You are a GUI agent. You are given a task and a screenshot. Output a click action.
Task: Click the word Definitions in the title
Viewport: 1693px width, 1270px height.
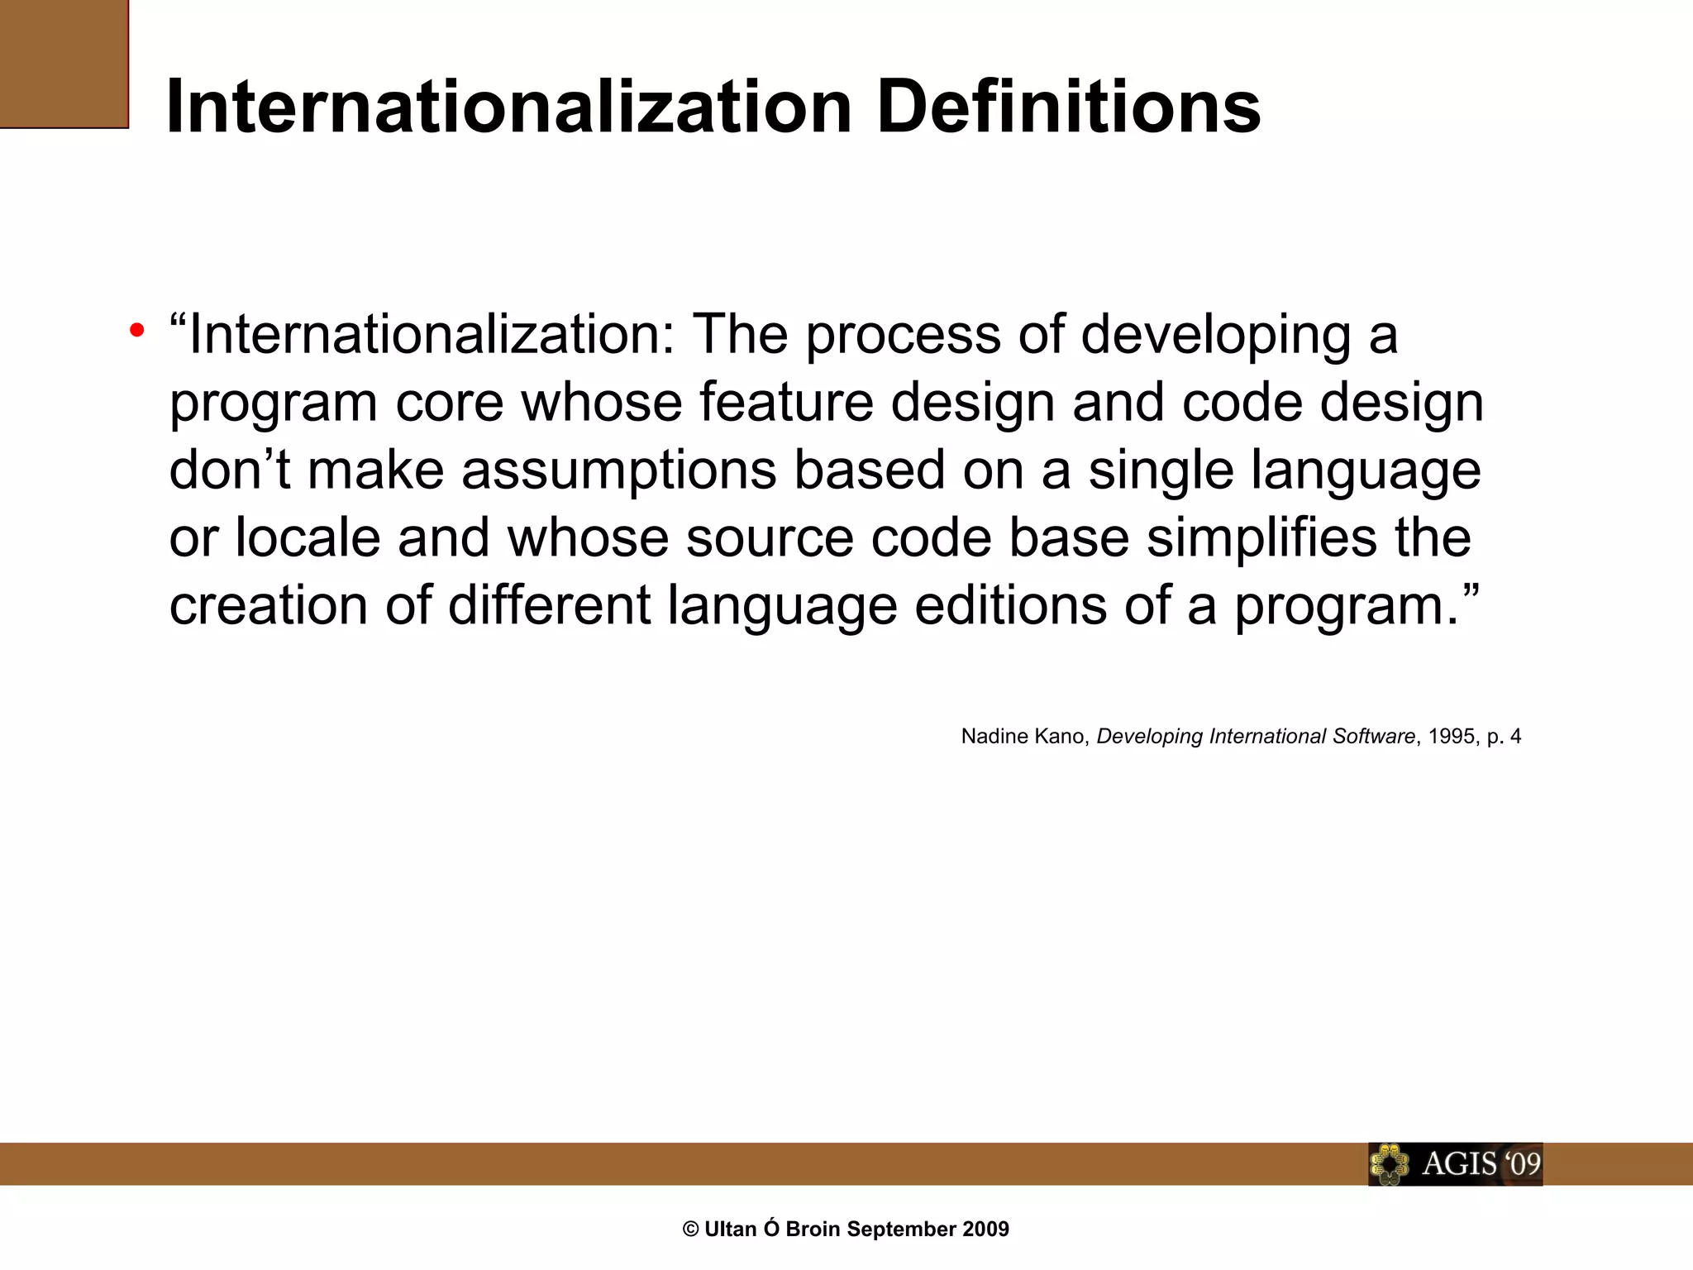(x=1068, y=107)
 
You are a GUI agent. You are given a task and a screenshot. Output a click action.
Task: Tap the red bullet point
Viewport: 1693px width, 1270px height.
(x=137, y=331)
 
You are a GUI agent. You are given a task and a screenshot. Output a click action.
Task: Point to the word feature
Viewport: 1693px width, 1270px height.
(x=786, y=403)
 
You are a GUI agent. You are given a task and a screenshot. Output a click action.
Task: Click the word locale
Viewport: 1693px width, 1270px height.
(x=308, y=538)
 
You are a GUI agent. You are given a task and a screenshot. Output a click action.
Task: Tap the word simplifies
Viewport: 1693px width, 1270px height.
(x=1261, y=538)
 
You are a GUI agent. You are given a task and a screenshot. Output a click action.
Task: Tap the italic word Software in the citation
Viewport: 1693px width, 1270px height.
(x=1373, y=737)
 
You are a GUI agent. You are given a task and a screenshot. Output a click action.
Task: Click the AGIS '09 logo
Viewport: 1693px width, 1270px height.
(x=1455, y=1164)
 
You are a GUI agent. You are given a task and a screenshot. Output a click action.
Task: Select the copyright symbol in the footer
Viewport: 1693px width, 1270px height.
(x=691, y=1229)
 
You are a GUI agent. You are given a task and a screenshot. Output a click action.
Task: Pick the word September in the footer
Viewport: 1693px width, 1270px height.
(x=898, y=1229)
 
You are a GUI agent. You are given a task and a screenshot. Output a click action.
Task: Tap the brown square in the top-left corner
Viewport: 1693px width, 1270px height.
(x=64, y=64)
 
